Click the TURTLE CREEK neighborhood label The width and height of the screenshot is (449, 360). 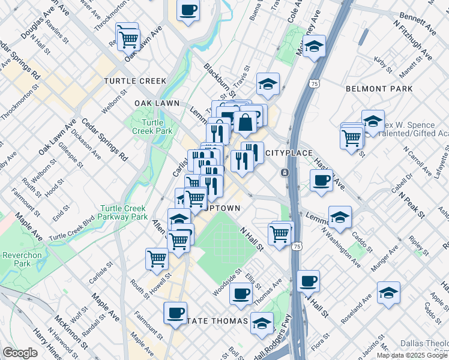(x=133, y=80)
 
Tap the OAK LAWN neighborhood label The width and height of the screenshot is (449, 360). (x=157, y=103)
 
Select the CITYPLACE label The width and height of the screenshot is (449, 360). (x=289, y=153)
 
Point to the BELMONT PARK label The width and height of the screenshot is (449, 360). (x=379, y=89)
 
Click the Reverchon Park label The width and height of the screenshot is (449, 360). (x=14, y=259)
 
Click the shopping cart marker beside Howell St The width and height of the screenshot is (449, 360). (x=157, y=259)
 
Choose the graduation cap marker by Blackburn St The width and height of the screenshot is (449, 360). (x=268, y=84)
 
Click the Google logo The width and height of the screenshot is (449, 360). (x=20, y=353)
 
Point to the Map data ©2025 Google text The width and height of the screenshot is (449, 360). (x=412, y=355)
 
